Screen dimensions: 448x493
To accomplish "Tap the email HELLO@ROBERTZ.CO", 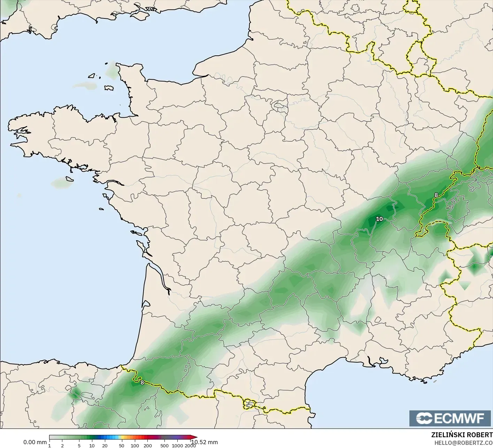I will tap(463, 443).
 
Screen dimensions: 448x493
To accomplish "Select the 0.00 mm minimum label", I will tap(35, 442).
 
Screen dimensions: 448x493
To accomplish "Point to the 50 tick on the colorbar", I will tap(121, 445).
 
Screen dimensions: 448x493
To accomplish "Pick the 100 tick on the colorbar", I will tap(134, 445).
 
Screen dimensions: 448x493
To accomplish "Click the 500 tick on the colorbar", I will tap(164, 445).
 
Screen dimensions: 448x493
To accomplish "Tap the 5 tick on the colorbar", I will tap(79, 445).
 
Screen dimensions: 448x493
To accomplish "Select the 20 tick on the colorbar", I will tap(105, 445).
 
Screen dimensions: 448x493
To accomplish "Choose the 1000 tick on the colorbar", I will tap(177, 445).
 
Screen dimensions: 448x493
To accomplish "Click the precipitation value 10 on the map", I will tap(379, 219).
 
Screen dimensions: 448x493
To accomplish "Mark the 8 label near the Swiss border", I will tap(436, 195).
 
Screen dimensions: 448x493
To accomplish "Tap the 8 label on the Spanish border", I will tap(142, 382).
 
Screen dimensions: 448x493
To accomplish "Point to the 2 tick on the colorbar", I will tap(62, 445).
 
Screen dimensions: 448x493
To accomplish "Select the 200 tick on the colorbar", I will tap(147, 445).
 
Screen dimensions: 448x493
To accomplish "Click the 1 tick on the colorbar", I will tap(49, 445).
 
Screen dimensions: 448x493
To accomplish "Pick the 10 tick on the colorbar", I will tap(92, 445).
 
